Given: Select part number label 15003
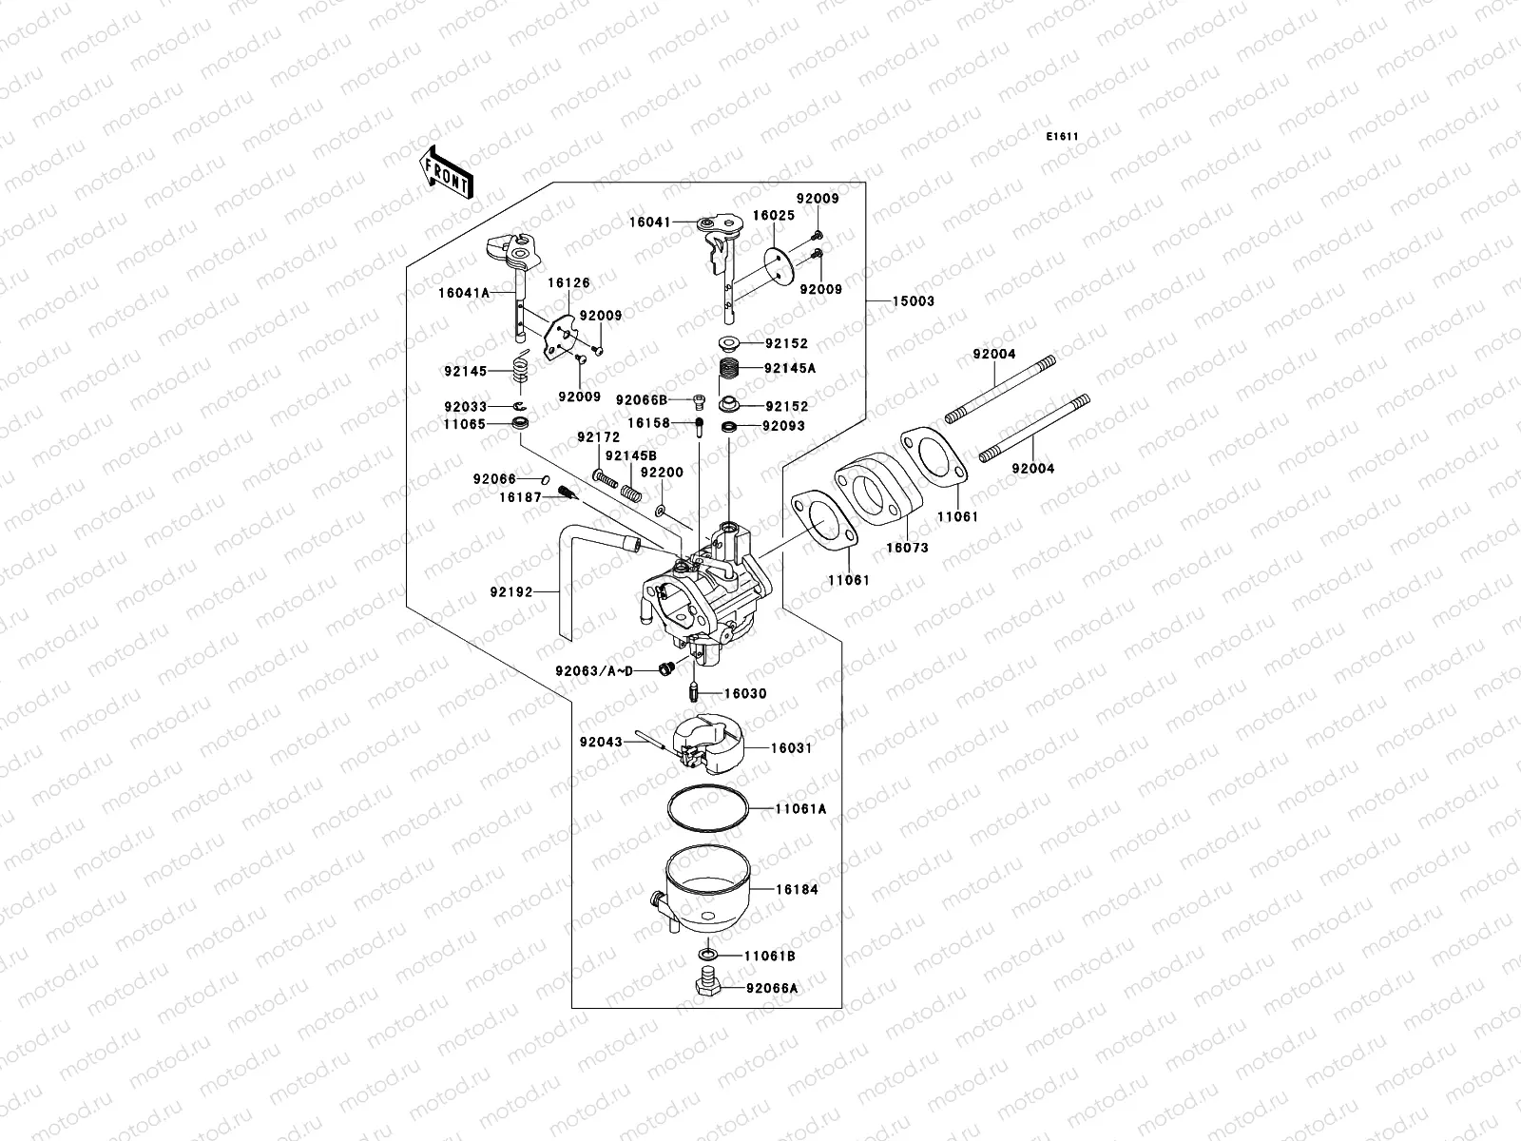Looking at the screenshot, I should (x=913, y=301).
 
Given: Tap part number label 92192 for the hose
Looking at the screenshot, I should (x=510, y=591).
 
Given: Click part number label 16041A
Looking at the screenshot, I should (x=463, y=293).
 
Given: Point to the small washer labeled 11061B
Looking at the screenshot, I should (x=708, y=954).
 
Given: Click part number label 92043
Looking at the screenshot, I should (x=600, y=741).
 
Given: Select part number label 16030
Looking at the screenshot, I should (x=745, y=694).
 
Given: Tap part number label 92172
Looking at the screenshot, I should (x=598, y=437).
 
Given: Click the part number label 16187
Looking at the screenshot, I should (x=520, y=496).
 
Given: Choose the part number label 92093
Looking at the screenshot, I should (x=783, y=426).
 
